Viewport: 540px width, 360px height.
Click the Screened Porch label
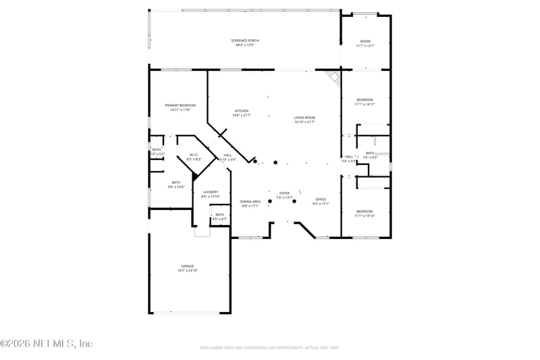point(244,41)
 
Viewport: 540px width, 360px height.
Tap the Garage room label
point(187,266)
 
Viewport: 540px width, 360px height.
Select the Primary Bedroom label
point(180,105)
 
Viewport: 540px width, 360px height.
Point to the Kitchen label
point(241,111)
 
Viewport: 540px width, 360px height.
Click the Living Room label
point(304,118)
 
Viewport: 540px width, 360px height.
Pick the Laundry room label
point(210,192)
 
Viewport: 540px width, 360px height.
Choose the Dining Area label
point(250,201)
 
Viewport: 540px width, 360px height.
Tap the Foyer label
point(284,193)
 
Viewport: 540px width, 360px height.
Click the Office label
point(321,199)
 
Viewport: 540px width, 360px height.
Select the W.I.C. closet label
point(194,155)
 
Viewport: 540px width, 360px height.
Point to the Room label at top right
point(364,41)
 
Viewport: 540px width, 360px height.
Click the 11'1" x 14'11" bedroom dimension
point(364,105)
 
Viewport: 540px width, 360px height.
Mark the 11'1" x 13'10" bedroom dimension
point(364,216)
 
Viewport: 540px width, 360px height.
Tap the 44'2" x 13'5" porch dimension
point(244,45)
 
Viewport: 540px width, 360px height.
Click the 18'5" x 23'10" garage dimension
point(187,271)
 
